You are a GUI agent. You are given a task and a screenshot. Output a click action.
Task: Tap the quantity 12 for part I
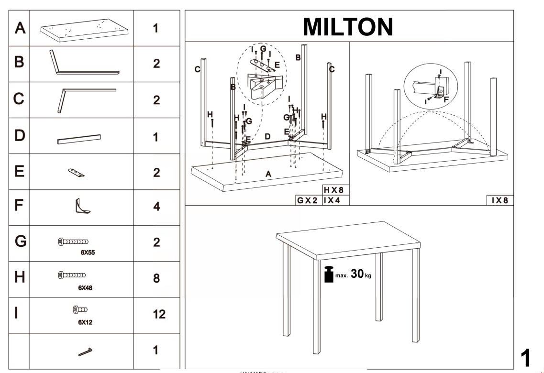(x=159, y=314)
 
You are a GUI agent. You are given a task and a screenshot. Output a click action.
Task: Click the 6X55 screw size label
(x=87, y=253)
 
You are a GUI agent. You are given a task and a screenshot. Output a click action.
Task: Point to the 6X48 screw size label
(x=85, y=288)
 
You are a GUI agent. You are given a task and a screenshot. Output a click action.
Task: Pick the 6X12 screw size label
(x=85, y=322)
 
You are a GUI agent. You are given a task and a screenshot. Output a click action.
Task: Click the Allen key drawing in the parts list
(x=86, y=351)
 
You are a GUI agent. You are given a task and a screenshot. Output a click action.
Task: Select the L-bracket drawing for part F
(x=81, y=207)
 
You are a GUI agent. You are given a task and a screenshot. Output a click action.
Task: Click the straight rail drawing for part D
(x=79, y=139)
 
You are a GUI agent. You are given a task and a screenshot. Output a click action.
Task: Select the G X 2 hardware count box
(x=307, y=200)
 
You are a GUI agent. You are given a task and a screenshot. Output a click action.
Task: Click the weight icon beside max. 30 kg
(x=329, y=274)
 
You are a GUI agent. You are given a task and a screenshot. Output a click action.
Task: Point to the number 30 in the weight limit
(x=357, y=274)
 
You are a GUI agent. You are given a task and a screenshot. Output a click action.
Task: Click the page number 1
(x=525, y=358)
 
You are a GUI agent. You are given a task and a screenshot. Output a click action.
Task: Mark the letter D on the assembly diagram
(x=267, y=136)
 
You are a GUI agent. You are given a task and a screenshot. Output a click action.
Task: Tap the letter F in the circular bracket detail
(x=446, y=99)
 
